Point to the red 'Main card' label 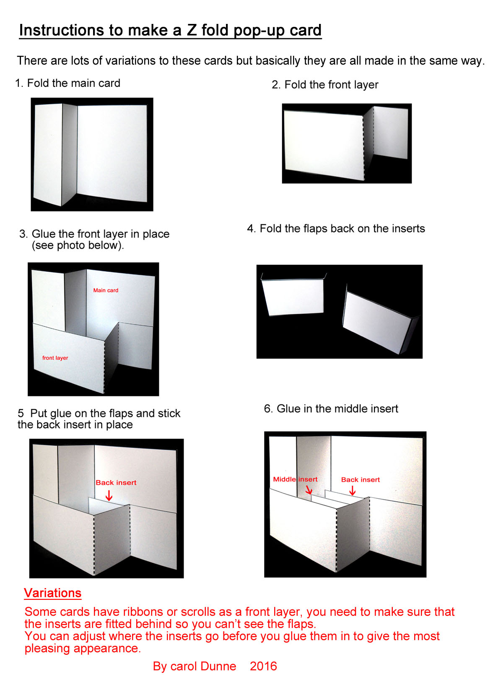tap(106, 290)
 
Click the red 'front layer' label tap(55, 358)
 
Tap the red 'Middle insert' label tap(295, 479)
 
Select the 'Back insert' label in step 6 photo tap(360, 479)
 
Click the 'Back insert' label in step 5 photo tap(116, 482)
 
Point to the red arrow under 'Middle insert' tap(309, 490)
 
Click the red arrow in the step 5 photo tap(109, 495)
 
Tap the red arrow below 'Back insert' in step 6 tap(352, 490)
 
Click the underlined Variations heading tap(53, 593)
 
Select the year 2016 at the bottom tap(263, 666)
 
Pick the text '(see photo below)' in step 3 tap(78, 245)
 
